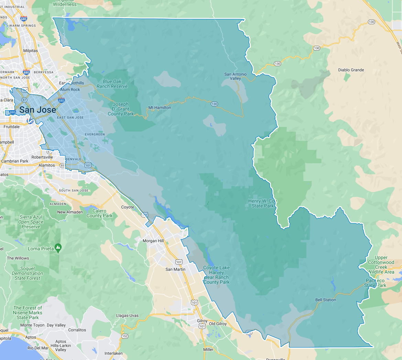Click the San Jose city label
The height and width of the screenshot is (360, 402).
[37, 110]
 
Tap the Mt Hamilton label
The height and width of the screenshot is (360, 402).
[160, 108]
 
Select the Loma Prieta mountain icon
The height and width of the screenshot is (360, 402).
[58, 248]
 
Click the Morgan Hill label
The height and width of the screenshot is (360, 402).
[153, 241]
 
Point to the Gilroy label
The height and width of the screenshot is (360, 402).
[202, 321]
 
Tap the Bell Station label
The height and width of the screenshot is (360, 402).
[326, 300]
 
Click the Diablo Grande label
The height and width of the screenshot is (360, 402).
[351, 70]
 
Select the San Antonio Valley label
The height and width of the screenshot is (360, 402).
[236, 76]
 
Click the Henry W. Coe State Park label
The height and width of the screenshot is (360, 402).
[262, 203]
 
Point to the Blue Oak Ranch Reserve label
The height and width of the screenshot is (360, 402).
[112, 84]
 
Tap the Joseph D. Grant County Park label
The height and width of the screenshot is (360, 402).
[121, 109]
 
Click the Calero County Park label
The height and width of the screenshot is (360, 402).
[99, 213]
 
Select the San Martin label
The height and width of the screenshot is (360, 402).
[175, 269]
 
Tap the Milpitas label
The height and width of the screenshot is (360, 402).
[31, 51]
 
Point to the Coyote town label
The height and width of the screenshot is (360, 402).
[128, 207]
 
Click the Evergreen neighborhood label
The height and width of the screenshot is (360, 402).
[95, 135]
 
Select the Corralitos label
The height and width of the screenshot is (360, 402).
[77, 330]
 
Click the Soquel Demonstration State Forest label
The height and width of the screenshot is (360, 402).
[28, 273]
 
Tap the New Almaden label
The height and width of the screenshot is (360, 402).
[70, 212]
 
